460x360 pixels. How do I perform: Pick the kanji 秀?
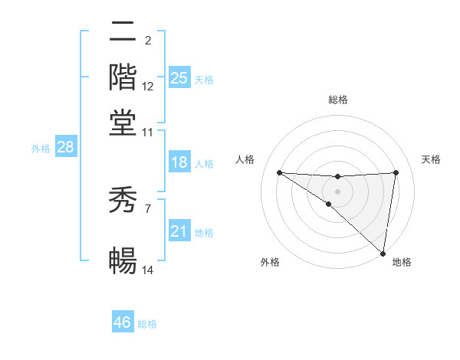point(123,202)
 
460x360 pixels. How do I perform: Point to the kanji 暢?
point(123,261)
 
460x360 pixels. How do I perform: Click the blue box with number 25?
point(179,78)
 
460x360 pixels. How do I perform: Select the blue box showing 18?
point(179,162)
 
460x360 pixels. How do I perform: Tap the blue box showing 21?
point(179,231)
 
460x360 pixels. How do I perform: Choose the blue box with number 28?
point(65,148)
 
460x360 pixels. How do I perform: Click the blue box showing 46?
point(123,322)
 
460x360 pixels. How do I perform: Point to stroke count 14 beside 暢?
point(148,270)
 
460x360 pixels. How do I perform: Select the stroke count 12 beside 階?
point(148,87)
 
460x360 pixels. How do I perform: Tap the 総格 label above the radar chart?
point(338,100)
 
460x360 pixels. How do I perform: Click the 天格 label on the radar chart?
point(431,159)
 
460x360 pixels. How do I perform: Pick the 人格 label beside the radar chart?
point(245,159)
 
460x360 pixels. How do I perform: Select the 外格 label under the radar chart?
point(270,263)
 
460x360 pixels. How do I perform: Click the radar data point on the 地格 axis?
point(383,253)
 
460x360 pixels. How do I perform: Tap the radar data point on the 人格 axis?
point(279,172)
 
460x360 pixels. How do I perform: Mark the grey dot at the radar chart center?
point(338,191)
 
